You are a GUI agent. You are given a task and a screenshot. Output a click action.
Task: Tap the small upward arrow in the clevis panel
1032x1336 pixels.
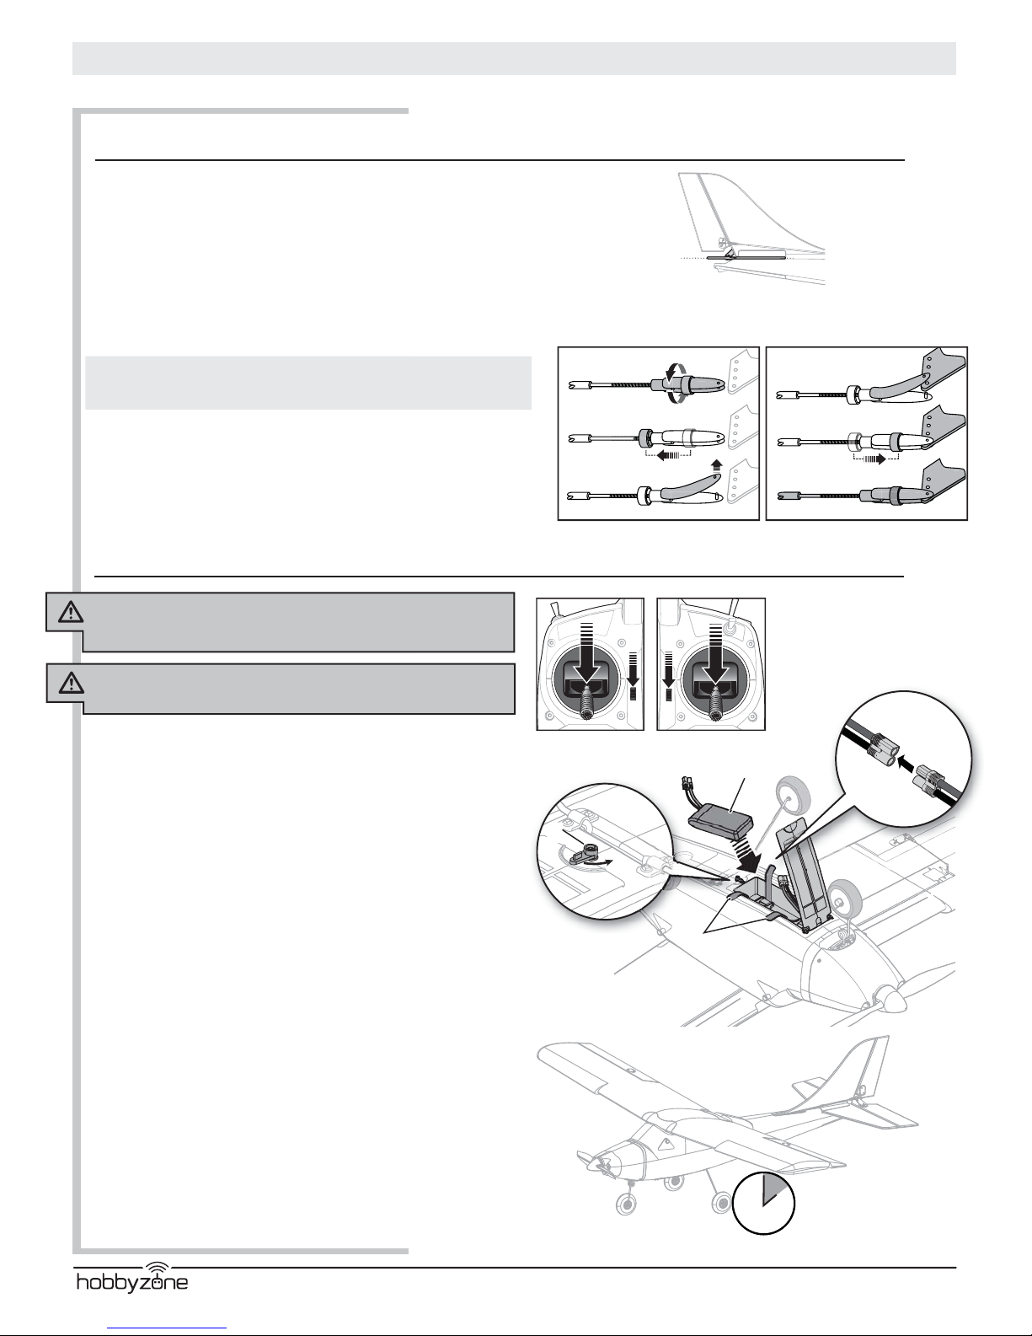pos(716,462)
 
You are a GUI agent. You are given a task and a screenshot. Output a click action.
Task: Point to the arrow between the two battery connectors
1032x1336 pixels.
pos(906,761)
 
